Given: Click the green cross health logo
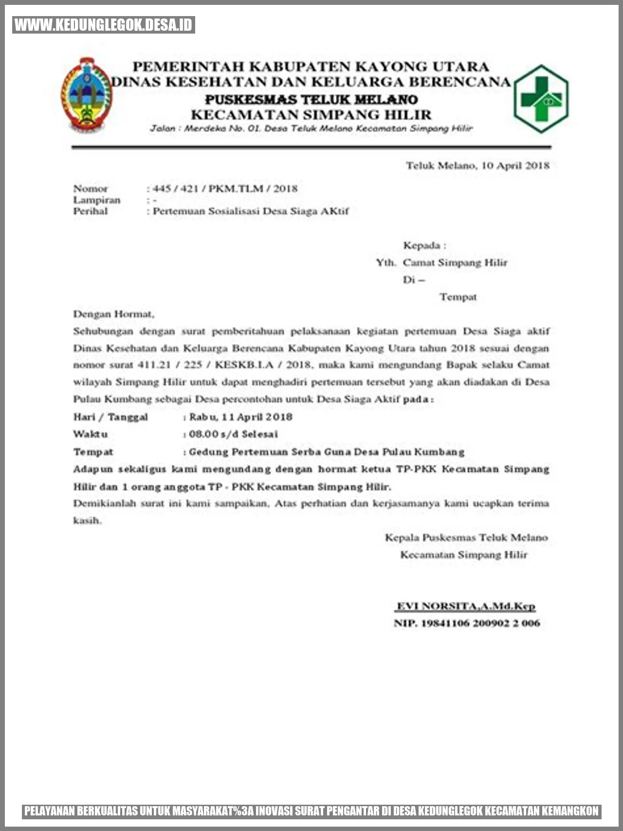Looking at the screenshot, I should [x=541, y=99].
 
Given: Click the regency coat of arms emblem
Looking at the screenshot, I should [x=86, y=95].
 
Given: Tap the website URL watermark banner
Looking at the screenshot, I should [x=104, y=25].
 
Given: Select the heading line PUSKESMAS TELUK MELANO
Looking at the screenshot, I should [x=311, y=99].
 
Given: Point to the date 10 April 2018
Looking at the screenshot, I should [x=515, y=166].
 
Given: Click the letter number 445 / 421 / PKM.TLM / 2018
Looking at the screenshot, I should [x=225, y=189].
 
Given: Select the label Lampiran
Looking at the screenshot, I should [x=96, y=200].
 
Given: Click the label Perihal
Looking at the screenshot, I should [x=91, y=211].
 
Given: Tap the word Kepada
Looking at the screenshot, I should [x=421, y=246].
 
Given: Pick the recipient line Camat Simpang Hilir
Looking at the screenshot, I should [x=455, y=263].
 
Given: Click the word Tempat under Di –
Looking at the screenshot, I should [x=458, y=297].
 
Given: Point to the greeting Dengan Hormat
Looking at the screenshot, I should [x=113, y=314].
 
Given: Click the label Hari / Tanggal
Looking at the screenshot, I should [x=110, y=417].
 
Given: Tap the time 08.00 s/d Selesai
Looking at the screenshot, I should [x=233, y=434].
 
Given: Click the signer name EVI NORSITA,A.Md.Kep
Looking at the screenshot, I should [x=466, y=606].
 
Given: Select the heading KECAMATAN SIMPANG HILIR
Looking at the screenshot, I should [x=311, y=115].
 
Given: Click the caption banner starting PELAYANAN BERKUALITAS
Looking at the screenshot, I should [x=311, y=811].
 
